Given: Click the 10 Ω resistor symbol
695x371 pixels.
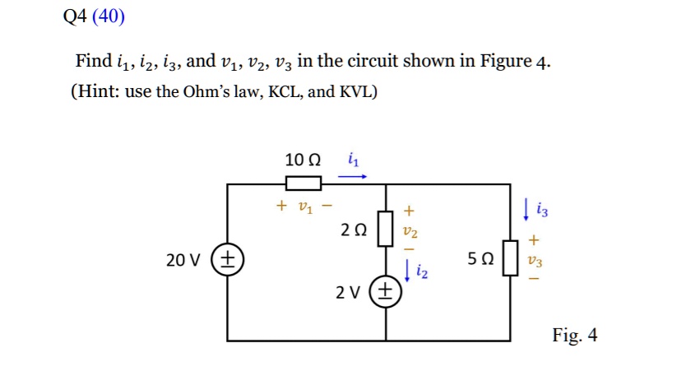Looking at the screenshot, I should point(303,183).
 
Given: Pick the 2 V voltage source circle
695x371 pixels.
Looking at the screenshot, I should point(386,292).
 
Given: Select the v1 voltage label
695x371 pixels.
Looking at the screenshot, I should point(304,206).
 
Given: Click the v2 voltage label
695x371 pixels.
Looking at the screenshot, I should point(411,233).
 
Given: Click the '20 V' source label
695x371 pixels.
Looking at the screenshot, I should point(183,260).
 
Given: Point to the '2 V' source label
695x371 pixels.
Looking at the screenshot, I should point(349,293).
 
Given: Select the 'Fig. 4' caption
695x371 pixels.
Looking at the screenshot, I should point(575,336).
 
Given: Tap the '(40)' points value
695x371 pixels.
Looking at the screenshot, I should point(109,17).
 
